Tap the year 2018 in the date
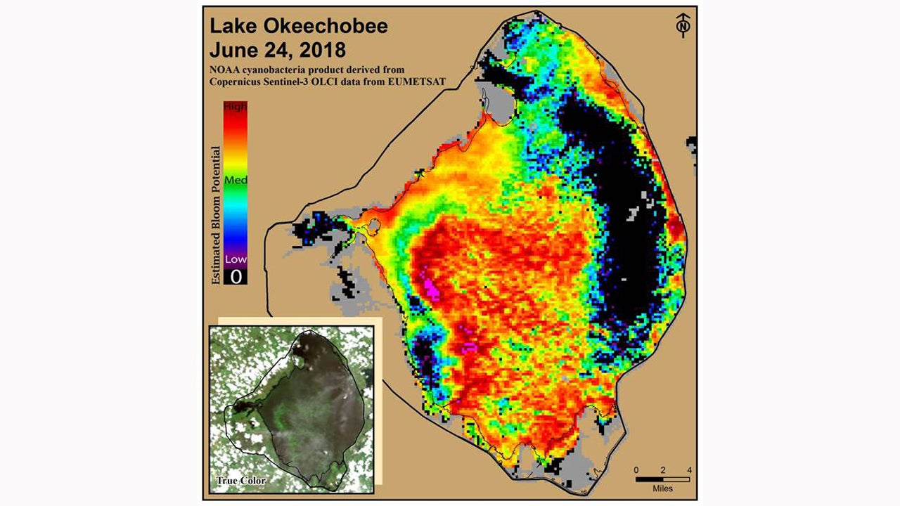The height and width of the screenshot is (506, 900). (x=321, y=51)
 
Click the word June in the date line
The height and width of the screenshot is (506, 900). (x=232, y=51)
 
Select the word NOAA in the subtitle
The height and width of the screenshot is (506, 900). (x=225, y=70)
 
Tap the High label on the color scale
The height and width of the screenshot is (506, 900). (x=236, y=107)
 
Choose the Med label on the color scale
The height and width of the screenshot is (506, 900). (x=236, y=180)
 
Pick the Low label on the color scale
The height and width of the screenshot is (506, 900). (x=236, y=259)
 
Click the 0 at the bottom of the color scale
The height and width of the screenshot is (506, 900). (x=236, y=276)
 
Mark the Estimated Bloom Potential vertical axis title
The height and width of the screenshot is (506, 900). (x=216, y=214)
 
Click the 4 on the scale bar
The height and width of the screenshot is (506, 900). (x=688, y=469)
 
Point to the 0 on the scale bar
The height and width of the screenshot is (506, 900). (x=636, y=469)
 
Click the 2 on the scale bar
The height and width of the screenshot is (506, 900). (x=662, y=469)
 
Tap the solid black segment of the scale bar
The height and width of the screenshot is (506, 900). (x=649, y=479)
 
